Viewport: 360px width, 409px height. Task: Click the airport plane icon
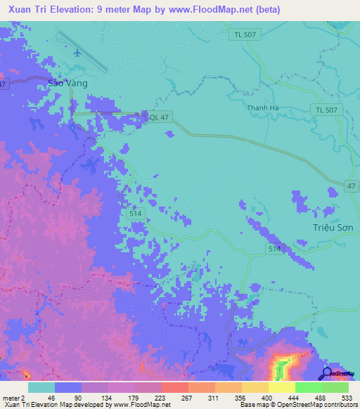pyautogui.click(x=75, y=51)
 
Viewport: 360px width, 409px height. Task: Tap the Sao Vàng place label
pyautogui.click(x=61, y=82)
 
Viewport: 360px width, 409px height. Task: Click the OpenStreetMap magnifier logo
pyautogui.click(x=327, y=374)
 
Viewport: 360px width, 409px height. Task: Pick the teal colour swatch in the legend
pyautogui.click(x=41, y=387)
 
